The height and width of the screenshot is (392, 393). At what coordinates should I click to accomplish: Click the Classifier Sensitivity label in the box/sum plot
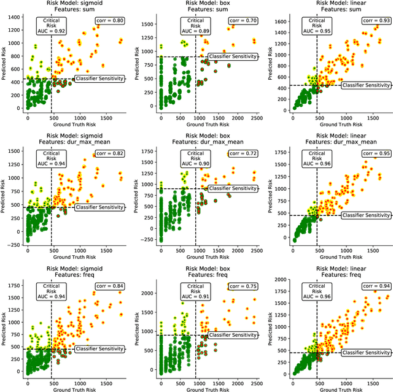233,56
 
